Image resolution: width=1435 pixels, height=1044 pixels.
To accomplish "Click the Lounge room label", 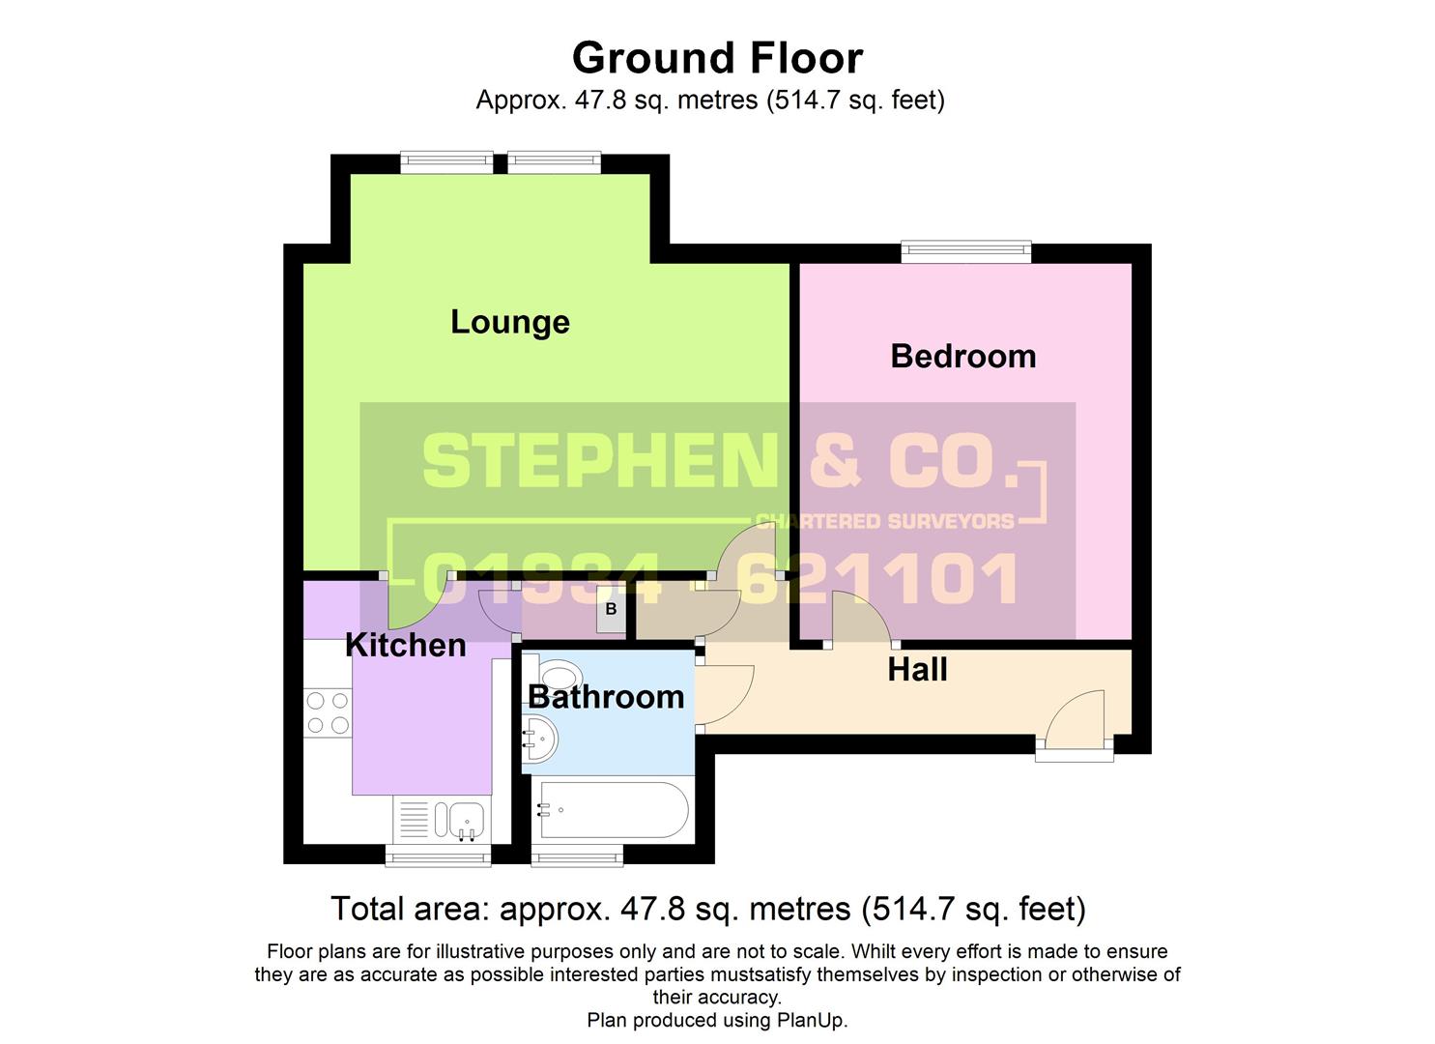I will [509, 322].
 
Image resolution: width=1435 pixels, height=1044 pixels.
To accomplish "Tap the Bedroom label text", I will [962, 356].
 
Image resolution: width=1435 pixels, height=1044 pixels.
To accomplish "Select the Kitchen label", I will [405, 645].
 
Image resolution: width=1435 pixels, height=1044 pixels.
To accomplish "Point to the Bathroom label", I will [606, 696].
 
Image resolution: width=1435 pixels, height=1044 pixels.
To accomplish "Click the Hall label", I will [917, 669].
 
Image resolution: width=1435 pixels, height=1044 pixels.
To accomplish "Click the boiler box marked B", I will [611, 610].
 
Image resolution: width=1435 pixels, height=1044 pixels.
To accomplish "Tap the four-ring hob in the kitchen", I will [328, 712].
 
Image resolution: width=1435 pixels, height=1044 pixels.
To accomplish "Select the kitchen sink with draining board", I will [441, 820].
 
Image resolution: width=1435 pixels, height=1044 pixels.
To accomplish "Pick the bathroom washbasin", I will [538, 741].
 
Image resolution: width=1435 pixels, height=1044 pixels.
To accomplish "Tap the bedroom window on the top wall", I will [965, 251].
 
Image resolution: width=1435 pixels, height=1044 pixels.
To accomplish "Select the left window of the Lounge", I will [446, 162].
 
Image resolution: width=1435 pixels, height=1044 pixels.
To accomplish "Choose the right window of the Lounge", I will [554, 162].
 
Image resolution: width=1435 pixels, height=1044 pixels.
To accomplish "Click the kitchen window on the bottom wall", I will [438, 855].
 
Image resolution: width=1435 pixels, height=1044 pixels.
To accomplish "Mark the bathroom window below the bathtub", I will [577, 855].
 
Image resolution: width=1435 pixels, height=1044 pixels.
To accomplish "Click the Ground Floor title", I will [717, 58].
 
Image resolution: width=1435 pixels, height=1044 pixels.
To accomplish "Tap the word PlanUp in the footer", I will [811, 1020].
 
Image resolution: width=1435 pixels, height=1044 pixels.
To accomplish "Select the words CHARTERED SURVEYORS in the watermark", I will [884, 522].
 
